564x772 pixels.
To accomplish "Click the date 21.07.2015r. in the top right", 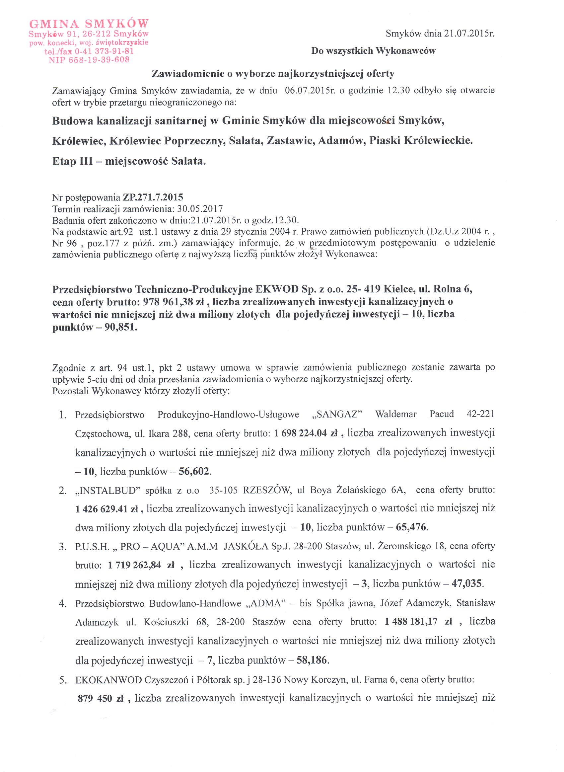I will click(469, 34).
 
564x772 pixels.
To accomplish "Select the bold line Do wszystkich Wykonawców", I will click(373, 51).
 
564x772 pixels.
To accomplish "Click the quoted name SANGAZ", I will click(337, 415).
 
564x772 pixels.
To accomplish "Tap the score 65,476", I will click(411, 527).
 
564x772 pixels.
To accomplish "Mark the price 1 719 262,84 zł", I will click(141, 565).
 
